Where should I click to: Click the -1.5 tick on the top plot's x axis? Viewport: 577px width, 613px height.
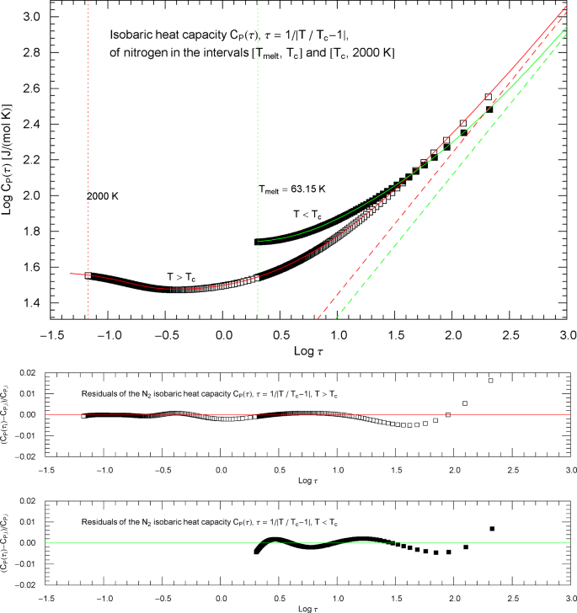click(50, 335)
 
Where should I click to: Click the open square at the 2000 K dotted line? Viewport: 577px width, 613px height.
click(88, 275)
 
